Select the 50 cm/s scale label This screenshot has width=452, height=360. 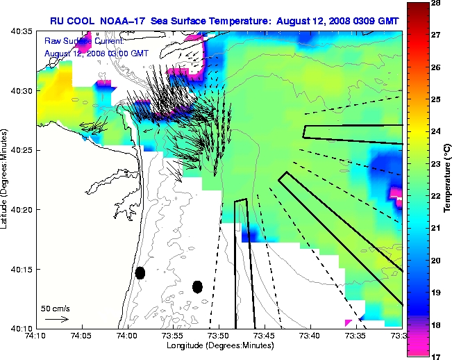[x=55, y=308]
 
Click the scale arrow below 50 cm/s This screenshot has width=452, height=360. [x=56, y=320]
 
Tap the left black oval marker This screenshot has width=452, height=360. [x=140, y=273]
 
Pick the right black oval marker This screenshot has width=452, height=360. [x=197, y=286]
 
